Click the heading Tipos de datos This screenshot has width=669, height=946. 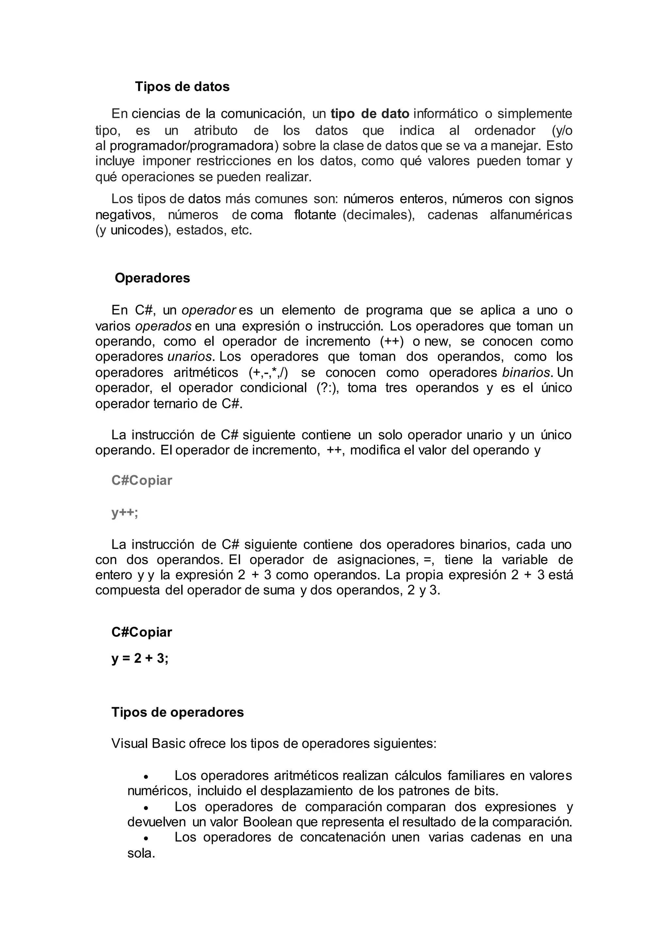(x=182, y=87)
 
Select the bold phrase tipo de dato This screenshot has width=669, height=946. (x=369, y=113)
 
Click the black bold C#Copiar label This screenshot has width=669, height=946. (x=141, y=632)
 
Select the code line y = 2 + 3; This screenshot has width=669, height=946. (x=140, y=659)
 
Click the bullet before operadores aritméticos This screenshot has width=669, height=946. (x=145, y=776)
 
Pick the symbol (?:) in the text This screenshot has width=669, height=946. (x=328, y=388)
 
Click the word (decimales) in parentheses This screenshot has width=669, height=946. (x=379, y=215)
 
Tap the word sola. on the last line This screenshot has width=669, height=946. (x=141, y=853)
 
